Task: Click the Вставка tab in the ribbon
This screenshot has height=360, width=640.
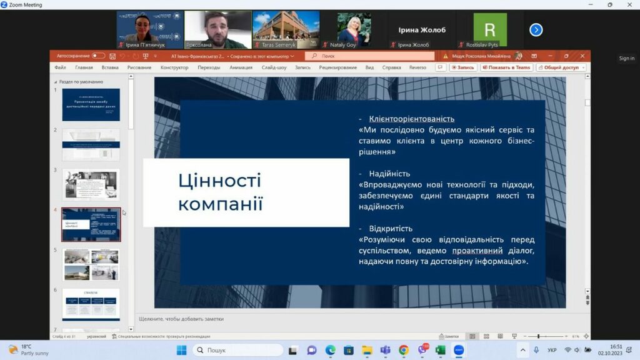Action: click(110, 67)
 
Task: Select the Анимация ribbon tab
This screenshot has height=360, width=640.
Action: click(241, 67)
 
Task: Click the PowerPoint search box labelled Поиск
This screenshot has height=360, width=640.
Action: click(369, 56)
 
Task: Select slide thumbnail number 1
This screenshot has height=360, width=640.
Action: click(91, 105)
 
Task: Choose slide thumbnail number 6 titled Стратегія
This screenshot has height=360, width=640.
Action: click(91, 304)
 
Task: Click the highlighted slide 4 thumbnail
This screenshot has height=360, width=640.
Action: click(91, 224)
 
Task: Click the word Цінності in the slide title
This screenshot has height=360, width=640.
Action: click(219, 181)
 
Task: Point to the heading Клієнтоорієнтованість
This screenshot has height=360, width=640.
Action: click(411, 119)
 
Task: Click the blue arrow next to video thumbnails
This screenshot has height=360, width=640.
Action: click(536, 29)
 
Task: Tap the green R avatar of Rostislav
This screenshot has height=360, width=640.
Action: click(489, 29)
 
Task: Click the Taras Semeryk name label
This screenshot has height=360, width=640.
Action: click(279, 45)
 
